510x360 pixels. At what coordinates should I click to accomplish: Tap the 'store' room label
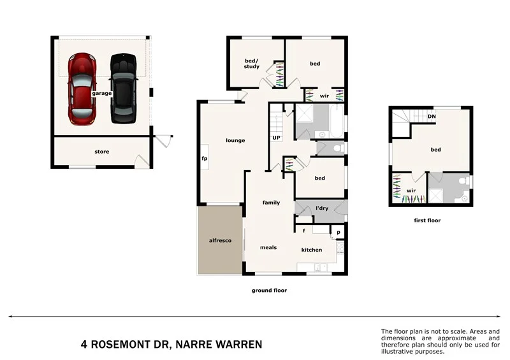coord(101,152)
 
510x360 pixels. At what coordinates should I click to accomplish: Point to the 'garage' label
coord(101,93)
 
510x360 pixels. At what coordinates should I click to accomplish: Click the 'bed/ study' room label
coord(252,64)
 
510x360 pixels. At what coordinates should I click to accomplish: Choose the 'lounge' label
coord(235,140)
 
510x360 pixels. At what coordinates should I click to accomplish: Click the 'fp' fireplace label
coord(205,158)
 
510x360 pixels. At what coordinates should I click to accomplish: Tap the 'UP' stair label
coord(277,138)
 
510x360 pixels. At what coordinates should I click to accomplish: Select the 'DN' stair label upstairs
coord(432,117)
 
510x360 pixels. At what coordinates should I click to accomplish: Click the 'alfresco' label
coord(219,241)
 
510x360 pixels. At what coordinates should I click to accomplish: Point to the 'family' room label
coord(271,203)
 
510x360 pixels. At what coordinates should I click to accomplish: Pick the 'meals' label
coord(268,247)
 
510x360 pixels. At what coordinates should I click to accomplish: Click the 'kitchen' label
coord(312,250)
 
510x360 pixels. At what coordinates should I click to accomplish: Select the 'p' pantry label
coord(339,233)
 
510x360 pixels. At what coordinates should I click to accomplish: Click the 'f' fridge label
coord(304,230)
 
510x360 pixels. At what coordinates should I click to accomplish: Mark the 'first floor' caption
coord(427,220)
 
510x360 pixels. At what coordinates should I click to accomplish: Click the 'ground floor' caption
coord(269,290)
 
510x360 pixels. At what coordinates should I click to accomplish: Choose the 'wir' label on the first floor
coord(411,190)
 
